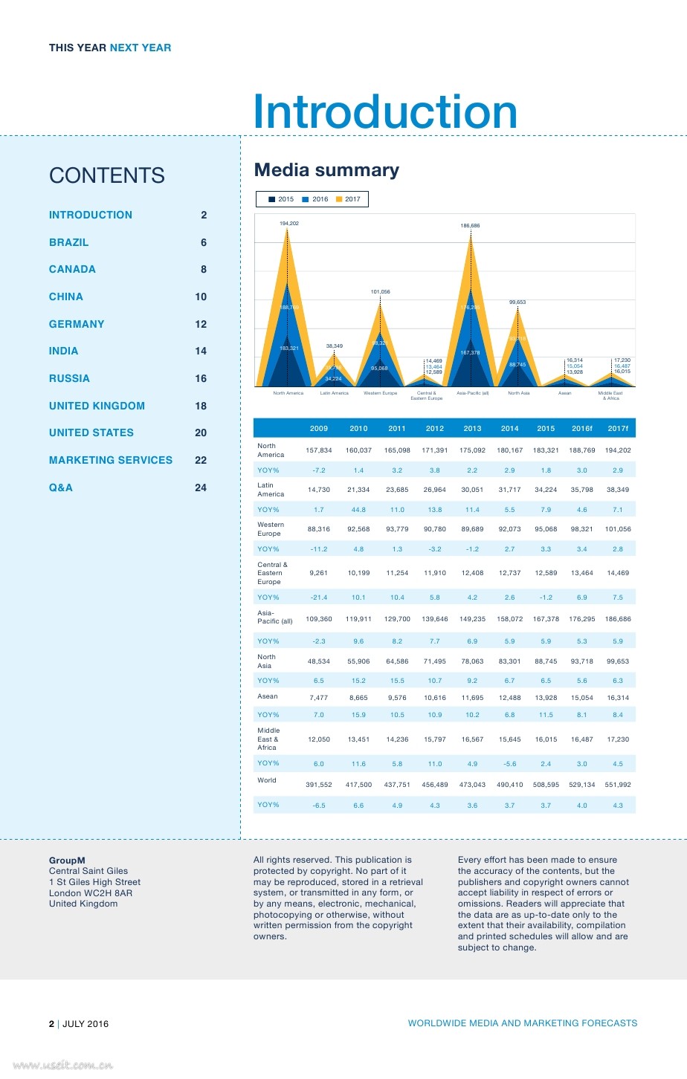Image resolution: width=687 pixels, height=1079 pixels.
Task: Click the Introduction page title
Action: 385,112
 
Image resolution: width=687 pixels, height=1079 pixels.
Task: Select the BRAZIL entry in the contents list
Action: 68,242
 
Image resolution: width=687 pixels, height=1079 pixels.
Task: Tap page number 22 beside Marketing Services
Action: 201,460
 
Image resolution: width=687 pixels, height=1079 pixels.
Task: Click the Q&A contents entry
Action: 61,487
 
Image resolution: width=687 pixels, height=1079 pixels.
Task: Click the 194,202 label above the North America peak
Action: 289,223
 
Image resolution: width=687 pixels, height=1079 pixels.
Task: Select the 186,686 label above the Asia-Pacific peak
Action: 470,225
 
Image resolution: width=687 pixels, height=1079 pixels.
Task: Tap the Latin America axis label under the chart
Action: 334,393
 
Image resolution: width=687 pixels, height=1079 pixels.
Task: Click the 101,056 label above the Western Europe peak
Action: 380,292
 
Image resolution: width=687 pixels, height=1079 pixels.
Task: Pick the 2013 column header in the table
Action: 472,428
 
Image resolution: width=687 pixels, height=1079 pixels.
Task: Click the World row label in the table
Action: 267,780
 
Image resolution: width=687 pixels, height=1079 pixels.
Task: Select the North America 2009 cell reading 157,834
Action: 319,450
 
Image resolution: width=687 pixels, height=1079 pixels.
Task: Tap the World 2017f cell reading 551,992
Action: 618,785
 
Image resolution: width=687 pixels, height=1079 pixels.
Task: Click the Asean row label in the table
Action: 268,696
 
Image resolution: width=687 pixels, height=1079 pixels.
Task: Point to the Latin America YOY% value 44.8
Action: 358,510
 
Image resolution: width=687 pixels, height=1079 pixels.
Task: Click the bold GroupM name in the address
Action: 67,861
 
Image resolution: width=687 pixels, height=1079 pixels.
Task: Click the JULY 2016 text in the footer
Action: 86,1024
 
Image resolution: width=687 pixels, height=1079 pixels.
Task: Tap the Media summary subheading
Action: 326,170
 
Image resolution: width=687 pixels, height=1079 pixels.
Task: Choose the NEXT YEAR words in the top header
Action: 141,48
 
